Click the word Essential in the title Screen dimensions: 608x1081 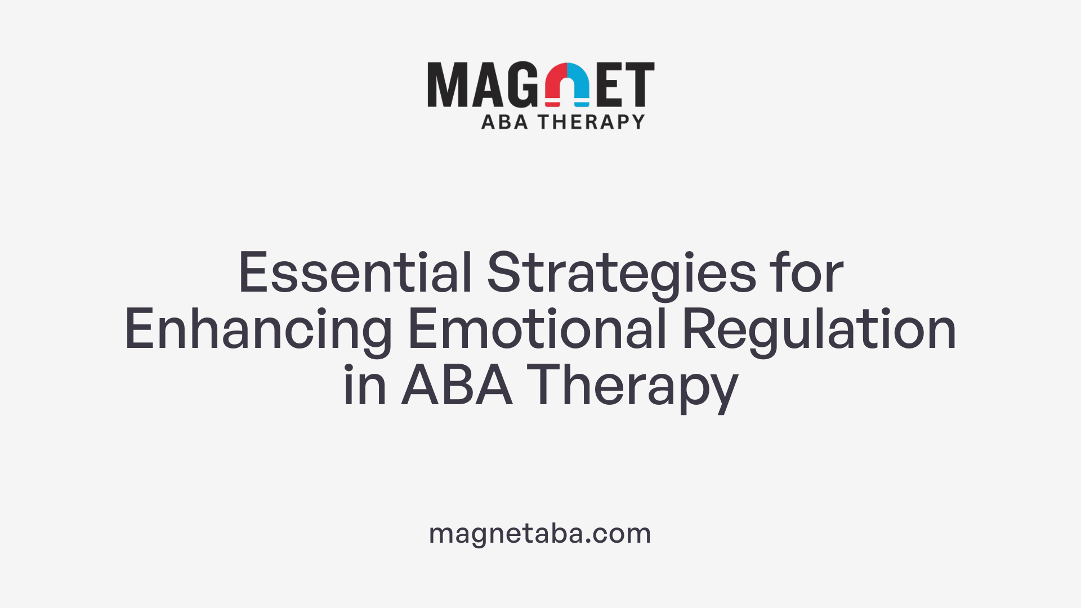pos(355,273)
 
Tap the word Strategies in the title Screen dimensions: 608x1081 pos(622,273)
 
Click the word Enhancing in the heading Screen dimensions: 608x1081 pos(258,330)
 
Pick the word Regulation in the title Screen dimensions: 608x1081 pos(819,330)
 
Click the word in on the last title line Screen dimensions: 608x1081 pos(364,386)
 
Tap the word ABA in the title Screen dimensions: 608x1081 pos(457,386)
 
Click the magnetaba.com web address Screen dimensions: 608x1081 pos(540,533)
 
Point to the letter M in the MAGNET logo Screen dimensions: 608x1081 pos(447,84)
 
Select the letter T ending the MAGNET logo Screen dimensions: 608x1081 pos(640,84)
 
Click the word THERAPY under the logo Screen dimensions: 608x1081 pos(591,122)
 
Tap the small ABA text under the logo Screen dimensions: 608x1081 pos(504,122)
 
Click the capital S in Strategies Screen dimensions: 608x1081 pos(502,273)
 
